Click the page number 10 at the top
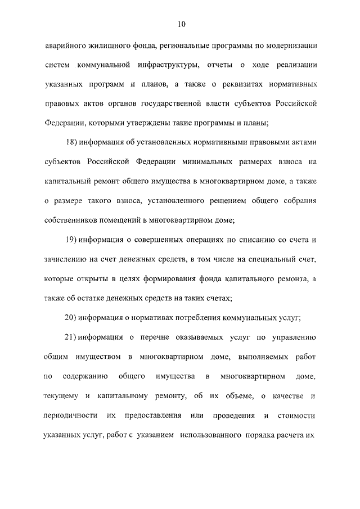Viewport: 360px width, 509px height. point(180,24)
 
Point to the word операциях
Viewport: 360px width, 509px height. point(181,240)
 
